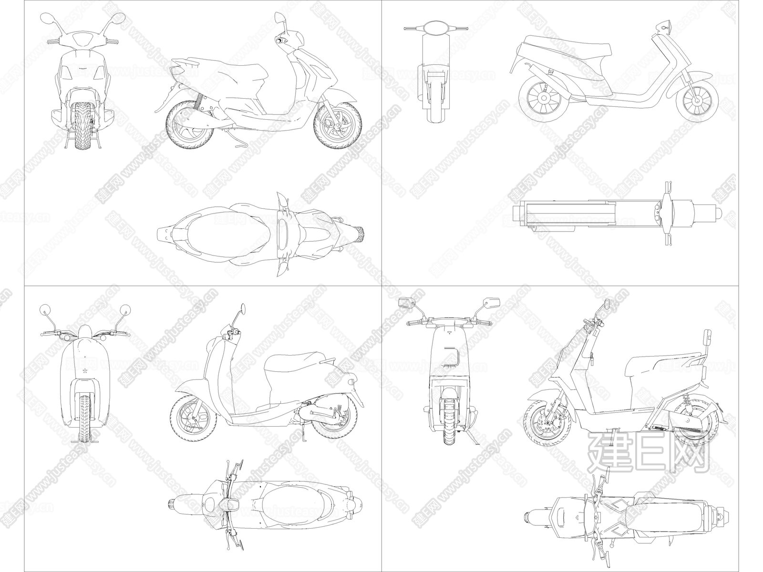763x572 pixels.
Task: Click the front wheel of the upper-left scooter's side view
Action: point(338,125)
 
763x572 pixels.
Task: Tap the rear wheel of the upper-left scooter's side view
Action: point(190,125)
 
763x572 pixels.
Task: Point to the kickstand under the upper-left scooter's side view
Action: point(240,143)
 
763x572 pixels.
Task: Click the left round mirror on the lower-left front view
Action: point(45,309)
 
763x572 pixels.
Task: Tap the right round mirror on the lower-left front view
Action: point(125,309)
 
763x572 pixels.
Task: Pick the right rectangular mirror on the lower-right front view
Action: point(492,303)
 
